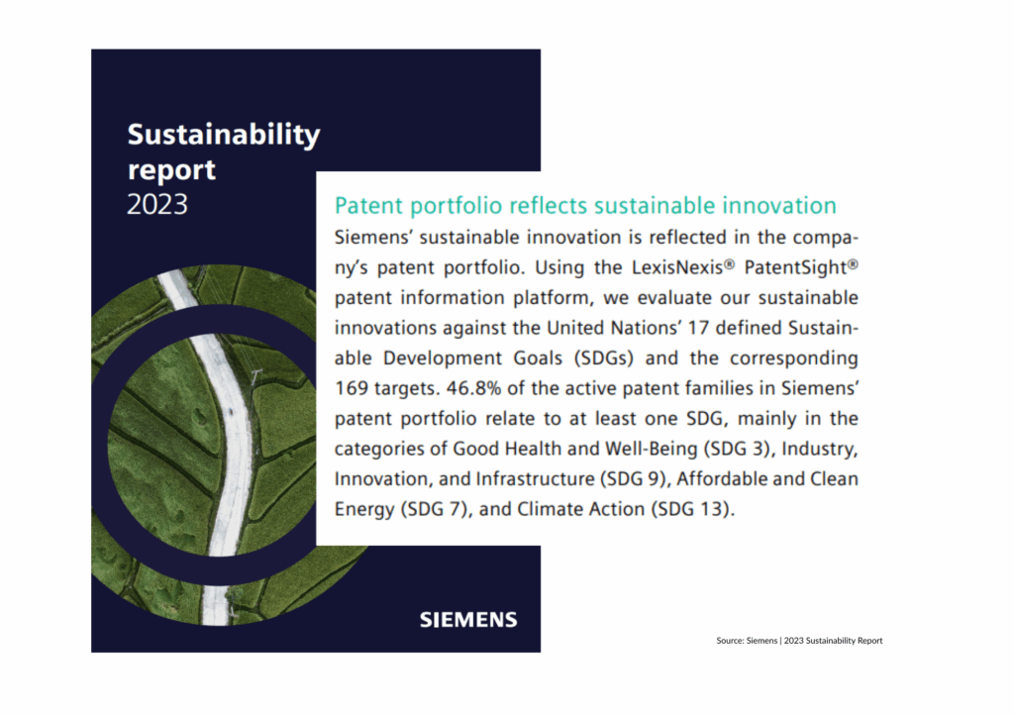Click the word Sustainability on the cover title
224,136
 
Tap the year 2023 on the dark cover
157,204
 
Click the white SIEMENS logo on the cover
467,620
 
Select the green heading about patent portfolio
585,206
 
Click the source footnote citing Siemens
799,641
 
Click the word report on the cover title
172,170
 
